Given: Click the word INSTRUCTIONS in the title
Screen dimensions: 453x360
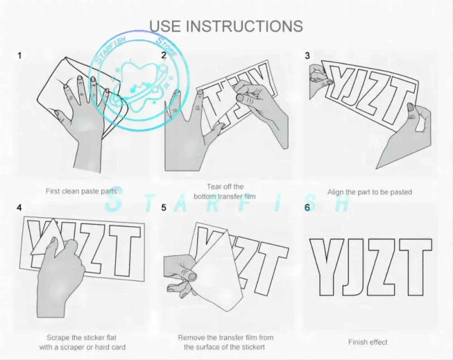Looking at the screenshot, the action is (x=244, y=26).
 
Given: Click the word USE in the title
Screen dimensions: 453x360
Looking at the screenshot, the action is (x=165, y=26).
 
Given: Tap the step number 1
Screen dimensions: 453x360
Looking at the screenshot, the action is (x=20, y=55).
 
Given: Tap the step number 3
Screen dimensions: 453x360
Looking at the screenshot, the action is (x=308, y=55).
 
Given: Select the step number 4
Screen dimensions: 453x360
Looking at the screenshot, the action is (x=19, y=207).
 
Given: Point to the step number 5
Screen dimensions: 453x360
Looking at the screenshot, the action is (x=164, y=207).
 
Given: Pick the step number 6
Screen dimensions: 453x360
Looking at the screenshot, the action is (x=307, y=207).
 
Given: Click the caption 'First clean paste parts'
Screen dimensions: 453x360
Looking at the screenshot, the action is (x=82, y=191).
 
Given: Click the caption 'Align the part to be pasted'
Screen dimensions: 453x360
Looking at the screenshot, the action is (x=370, y=192).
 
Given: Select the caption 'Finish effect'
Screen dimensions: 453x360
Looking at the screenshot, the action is (x=368, y=342).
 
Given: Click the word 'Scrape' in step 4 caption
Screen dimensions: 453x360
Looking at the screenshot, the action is (x=58, y=337).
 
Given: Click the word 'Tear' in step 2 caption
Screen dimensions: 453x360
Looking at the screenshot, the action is (x=213, y=186).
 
